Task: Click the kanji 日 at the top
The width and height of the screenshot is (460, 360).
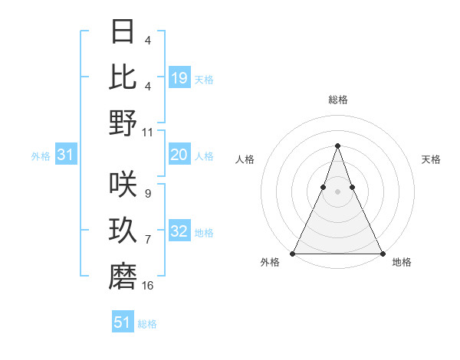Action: click(123, 31)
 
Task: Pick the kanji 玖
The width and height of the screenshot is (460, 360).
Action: click(123, 230)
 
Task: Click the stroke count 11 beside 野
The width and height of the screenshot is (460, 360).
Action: click(148, 132)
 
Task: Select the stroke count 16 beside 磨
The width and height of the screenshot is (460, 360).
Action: click(148, 286)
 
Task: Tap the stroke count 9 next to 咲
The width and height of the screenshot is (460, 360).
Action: click(147, 194)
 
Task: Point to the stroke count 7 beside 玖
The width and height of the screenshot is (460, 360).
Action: click(147, 240)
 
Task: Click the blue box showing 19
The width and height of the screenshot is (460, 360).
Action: click(179, 77)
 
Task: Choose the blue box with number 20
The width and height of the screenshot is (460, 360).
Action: click(179, 155)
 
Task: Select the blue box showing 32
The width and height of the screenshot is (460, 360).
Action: click(179, 232)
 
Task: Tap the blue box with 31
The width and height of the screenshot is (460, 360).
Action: click(65, 155)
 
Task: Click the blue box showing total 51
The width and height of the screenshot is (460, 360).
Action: click(123, 322)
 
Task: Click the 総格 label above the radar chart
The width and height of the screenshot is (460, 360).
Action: click(337, 100)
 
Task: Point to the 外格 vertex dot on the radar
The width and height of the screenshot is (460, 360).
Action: click(293, 254)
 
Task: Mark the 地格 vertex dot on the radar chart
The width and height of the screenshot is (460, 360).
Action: click(382, 254)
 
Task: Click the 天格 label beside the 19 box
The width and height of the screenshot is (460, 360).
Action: click(204, 79)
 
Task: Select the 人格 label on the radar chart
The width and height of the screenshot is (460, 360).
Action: click(245, 159)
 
